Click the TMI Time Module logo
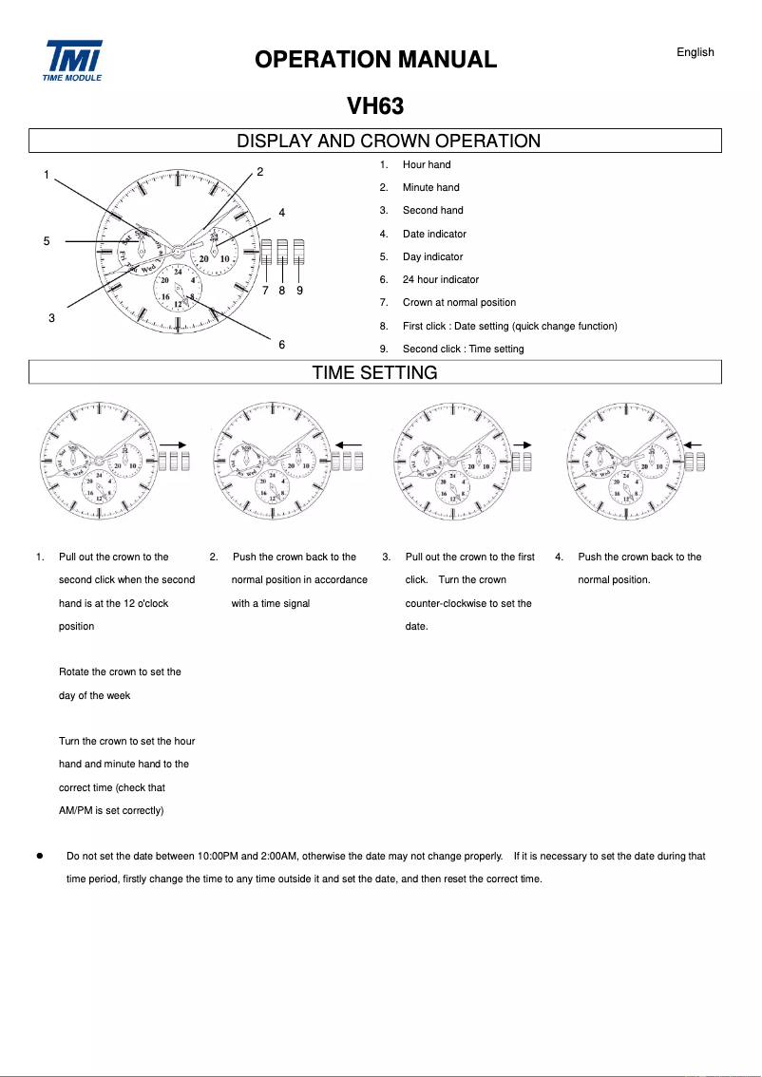pyautogui.click(x=72, y=61)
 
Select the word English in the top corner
pyautogui.click(x=695, y=52)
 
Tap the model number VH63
pyautogui.click(x=375, y=106)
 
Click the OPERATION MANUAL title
pyautogui.click(x=375, y=60)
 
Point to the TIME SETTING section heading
pyautogui.click(x=375, y=372)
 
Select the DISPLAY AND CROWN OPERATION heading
pyautogui.click(x=388, y=142)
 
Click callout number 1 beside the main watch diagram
pyautogui.click(x=46, y=175)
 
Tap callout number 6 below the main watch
pyautogui.click(x=282, y=344)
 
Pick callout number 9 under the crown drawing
pyautogui.click(x=299, y=291)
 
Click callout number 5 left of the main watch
pyautogui.click(x=47, y=241)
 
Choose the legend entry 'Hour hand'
pyautogui.click(x=427, y=164)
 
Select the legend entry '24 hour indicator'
pyautogui.click(x=440, y=279)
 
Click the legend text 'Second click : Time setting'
pyautogui.click(x=463, y=349)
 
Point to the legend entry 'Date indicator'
pyautogui.click(x=434, y=234)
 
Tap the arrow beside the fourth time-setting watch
pyautogui.click(x=691, y=444)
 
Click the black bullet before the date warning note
pyautogui.click(x=40, y=856)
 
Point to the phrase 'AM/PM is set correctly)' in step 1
pyautogui.click(x=111, y=810)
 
